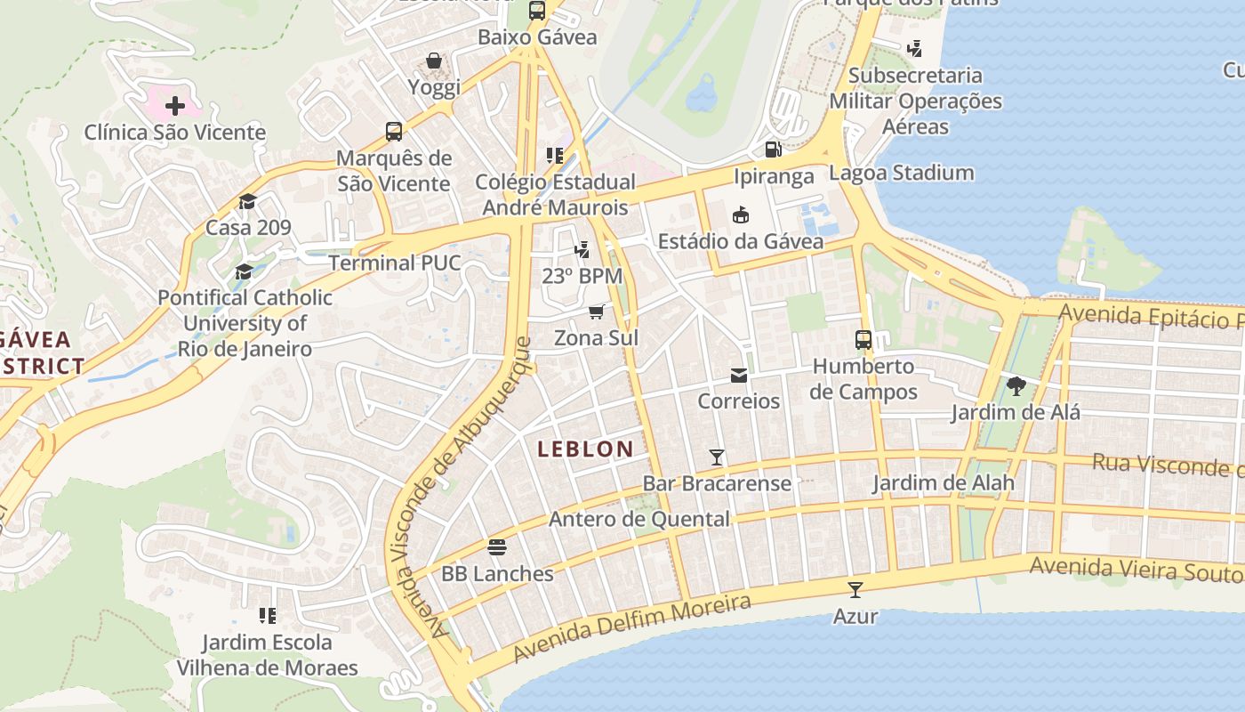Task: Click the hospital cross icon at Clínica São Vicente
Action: pos(175,106)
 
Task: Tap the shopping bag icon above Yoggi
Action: pos(434,61)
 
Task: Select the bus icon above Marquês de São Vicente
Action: pos(394,132)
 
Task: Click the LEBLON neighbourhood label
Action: pos(585,449)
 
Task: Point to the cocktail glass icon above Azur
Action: pos(855,589)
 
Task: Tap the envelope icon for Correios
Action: pos(739,375)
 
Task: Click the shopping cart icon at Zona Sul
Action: pos(597,311)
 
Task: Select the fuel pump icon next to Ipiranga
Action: pos(773,150)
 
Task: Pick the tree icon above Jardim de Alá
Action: pos(1016,386)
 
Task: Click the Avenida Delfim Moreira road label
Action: pos(631,629)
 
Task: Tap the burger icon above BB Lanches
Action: pos(497,546)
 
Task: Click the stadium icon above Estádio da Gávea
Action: pos(740,214)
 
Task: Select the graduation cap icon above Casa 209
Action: pos(247,201)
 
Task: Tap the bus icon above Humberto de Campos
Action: pos(863,339)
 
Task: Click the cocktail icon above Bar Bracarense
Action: pos(717,457)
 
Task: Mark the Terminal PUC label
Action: pos(395,263)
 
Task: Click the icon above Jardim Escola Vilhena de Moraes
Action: pos(267,615)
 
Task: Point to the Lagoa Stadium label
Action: pos(901,173)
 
